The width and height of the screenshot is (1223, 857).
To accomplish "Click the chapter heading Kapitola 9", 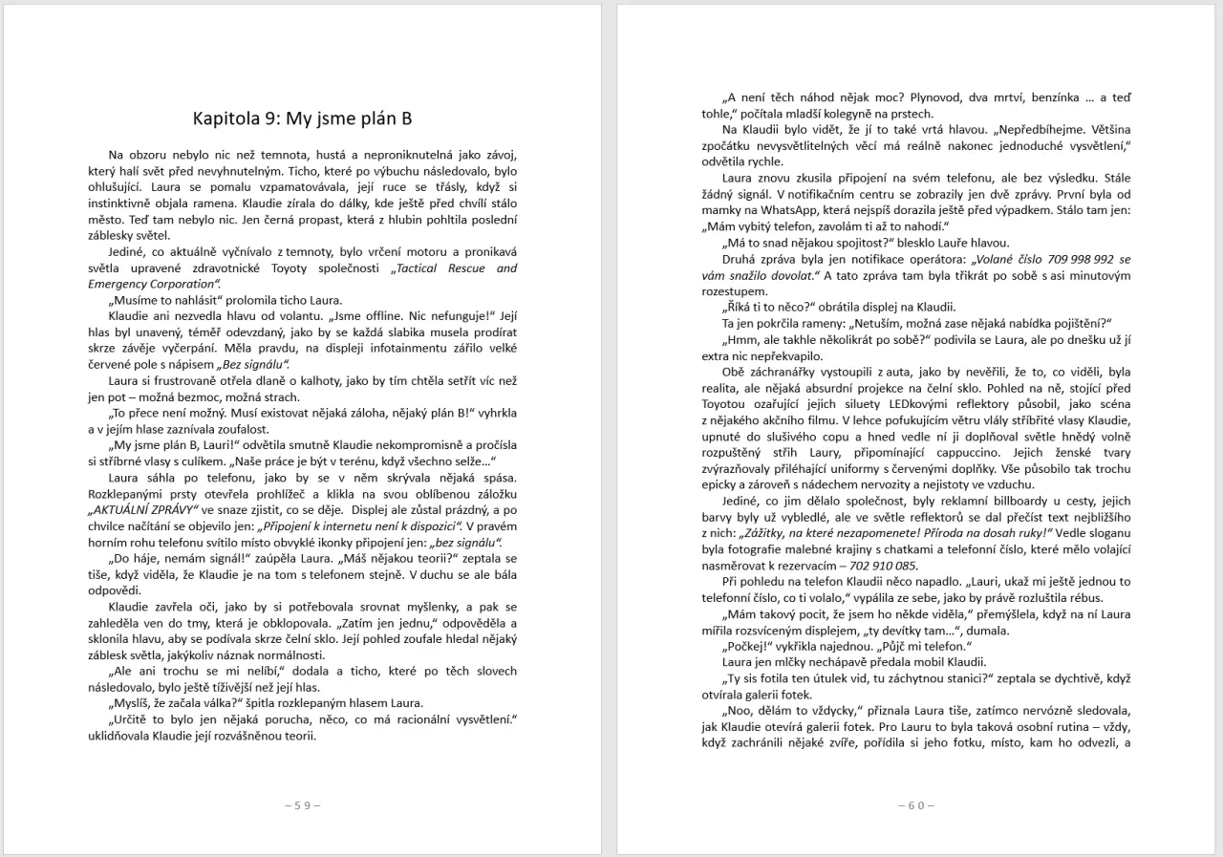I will point(302,118).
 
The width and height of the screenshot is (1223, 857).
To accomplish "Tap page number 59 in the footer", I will point(302,805).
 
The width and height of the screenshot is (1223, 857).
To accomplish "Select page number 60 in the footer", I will point(916,805).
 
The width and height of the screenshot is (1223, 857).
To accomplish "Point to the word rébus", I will point(1111,597).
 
